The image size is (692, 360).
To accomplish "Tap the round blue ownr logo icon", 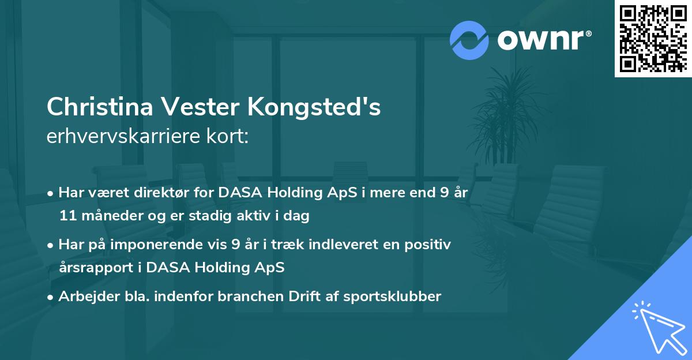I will pos(469,39).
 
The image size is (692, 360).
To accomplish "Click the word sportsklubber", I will pos(393,297).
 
